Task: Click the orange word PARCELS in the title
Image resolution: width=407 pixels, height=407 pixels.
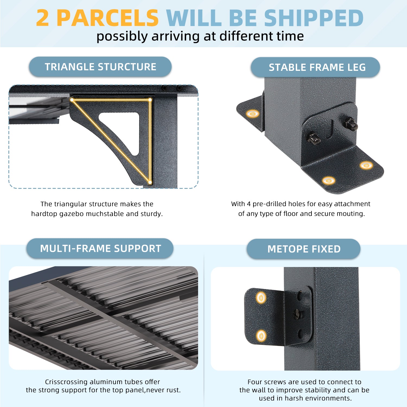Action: pos(107,18)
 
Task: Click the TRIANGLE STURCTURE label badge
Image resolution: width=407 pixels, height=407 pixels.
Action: pos(100,67)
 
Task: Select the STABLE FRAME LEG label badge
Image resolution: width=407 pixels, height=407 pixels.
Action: pos(315,67)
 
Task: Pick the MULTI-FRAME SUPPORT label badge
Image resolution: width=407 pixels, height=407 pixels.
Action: pos(100,249)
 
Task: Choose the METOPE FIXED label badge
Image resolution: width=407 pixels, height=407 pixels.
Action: pos(304,249)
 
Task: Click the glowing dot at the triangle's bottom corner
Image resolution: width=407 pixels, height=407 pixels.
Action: pos(150,182)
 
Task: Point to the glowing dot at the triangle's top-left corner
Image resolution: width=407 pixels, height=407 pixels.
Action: pos(72,100)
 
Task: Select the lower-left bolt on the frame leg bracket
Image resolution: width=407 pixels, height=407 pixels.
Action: pos(314,138)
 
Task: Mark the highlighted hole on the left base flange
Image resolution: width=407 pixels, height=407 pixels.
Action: pos(252,113)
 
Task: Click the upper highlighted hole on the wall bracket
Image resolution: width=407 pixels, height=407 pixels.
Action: pos(261,298)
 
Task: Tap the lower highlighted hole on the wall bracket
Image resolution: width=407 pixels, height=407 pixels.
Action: pos(261,336)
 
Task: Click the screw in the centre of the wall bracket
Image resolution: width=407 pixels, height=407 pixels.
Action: pos(297,314)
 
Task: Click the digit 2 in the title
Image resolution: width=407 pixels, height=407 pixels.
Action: pos(43,18)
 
